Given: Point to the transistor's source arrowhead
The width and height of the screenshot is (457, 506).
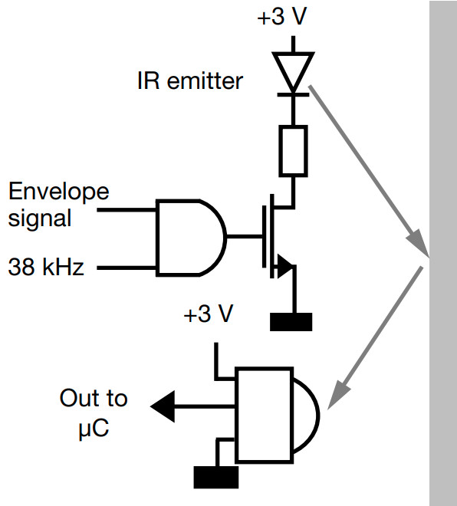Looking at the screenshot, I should point(284,268).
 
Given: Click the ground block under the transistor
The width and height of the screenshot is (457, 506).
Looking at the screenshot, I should point(291,321).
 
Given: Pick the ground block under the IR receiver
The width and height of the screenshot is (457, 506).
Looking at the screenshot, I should point(215,478).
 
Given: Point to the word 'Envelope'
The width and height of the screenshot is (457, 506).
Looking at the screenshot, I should point(58,191).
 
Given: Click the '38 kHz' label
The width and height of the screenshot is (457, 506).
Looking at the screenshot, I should point(46,268).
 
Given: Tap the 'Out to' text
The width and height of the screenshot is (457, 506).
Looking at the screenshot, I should point(94,399).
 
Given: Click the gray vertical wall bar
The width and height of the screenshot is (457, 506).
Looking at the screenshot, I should point(442,253).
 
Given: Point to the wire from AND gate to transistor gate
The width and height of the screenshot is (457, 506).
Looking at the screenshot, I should point(244,238).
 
